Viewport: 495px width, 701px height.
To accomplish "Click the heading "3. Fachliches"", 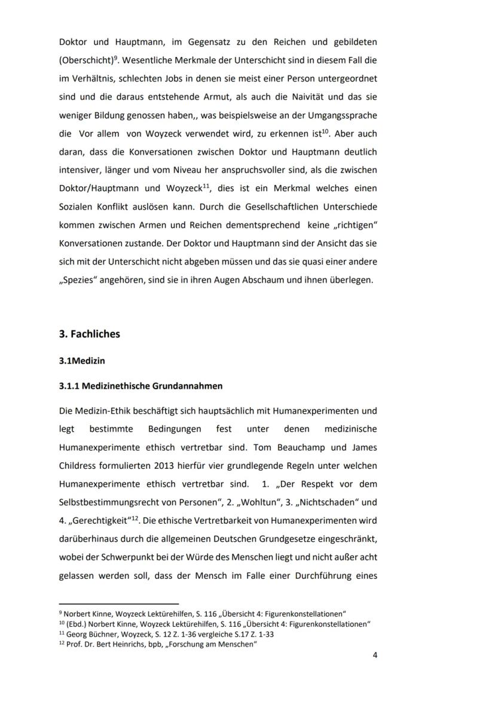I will pos(89,334).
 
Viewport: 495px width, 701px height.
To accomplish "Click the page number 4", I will pos(375,655).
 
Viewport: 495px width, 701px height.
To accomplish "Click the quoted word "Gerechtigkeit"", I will pos(92,520).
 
